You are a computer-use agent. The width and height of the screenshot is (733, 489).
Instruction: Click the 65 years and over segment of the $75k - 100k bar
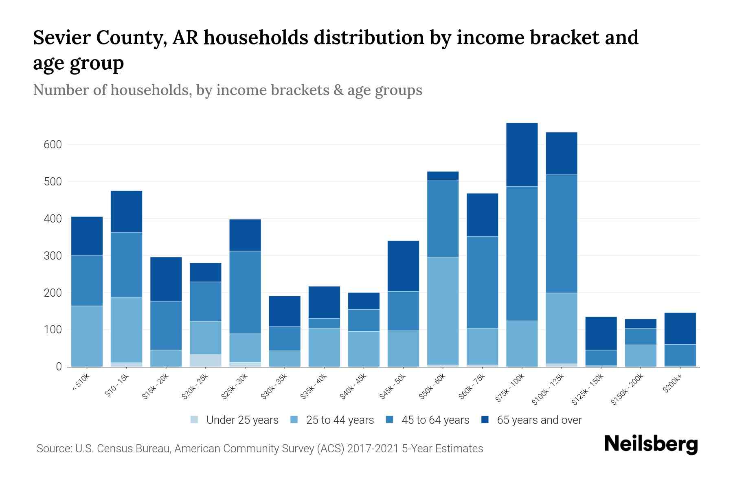point(522,154)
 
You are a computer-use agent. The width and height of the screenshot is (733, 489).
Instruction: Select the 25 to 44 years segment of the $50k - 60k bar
point(443,311)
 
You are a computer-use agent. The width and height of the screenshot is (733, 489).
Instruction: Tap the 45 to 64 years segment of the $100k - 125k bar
point(561,233)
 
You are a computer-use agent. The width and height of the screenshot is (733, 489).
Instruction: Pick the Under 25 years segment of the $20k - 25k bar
point(206,360)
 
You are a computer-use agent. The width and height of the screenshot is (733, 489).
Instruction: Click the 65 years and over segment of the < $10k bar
point(87,236)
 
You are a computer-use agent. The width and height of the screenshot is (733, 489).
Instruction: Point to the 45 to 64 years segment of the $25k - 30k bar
point(245,292)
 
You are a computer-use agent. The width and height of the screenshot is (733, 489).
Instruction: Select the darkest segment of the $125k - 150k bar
point(601,333)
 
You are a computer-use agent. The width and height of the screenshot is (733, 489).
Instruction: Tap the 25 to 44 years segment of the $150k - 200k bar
point(640,356)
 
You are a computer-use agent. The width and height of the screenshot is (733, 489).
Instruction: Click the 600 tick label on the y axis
point(53,145)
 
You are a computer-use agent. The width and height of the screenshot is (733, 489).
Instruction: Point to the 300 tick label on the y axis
point(53,256)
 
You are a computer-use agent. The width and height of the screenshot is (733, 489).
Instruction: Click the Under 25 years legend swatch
point(195,420)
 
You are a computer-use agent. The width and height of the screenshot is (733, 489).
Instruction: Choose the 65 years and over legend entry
point(539,420)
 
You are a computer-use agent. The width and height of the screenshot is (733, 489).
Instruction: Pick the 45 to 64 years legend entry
point(435,420)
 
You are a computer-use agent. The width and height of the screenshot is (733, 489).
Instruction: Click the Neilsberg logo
point(651,444)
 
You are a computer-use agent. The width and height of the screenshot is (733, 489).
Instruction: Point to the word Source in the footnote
point(53,449)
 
